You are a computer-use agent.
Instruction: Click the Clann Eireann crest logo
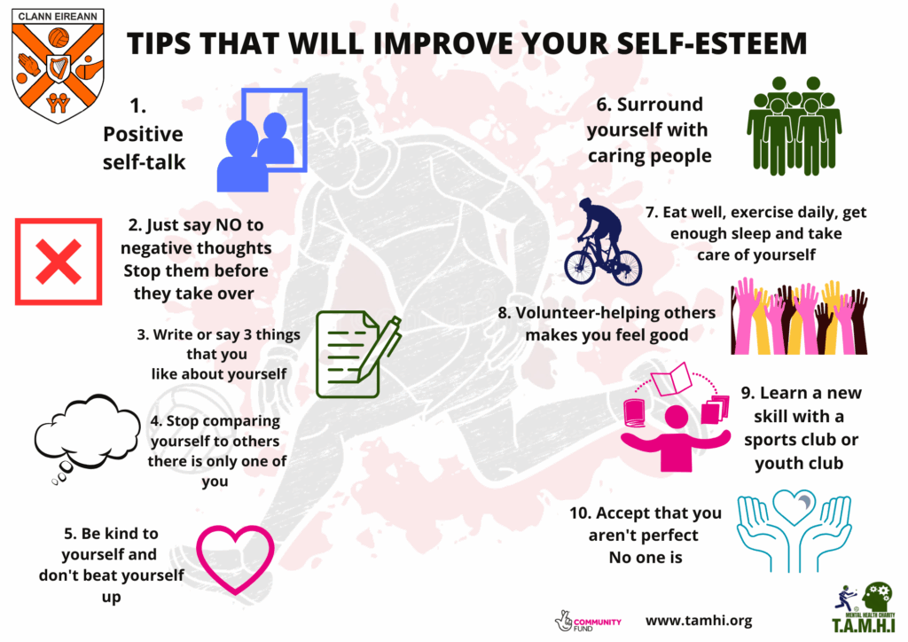(x=58, y=65)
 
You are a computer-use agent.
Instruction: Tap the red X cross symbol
(x=59, y=262)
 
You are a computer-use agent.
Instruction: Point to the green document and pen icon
(x=358, y=354)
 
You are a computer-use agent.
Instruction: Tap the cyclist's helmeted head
(x=586, y=205)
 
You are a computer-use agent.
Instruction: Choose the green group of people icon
(x=794, y=126)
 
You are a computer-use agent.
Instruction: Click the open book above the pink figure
(x=671, y=380)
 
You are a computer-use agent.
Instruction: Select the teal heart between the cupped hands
(x=794, y=508)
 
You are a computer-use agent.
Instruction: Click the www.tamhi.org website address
(x=699, y=621)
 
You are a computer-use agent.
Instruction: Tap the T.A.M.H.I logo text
(x=864, y=626)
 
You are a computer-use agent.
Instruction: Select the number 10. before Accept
(x=580, y=513)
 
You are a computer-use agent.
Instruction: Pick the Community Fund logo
(x=588, y=622)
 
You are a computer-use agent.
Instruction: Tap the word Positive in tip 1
(x=143, y=134)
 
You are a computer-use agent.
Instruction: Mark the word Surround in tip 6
(x=660, y=105)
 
